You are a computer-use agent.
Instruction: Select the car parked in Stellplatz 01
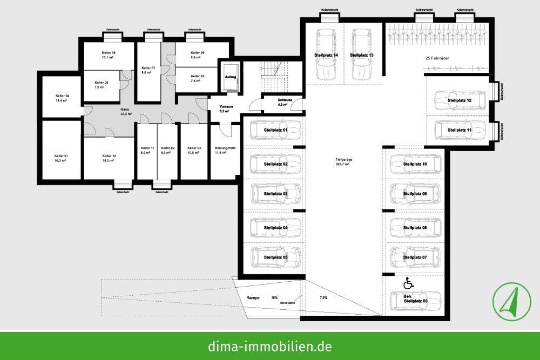tap(275, 131)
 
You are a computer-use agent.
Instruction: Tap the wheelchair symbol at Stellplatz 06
tap(408, 283)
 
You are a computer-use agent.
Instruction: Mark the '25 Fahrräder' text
tap(438, 58)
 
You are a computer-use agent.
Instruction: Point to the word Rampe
tap(253, 298)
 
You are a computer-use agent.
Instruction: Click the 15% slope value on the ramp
tap(274, 297)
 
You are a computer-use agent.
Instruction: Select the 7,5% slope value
tap(323, 298)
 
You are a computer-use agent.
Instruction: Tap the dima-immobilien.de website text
tap(269, 345)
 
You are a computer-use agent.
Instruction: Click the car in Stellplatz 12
tap(459, 100)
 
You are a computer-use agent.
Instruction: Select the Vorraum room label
tap(225, 108)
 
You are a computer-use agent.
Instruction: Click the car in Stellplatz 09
tap(415, 193)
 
